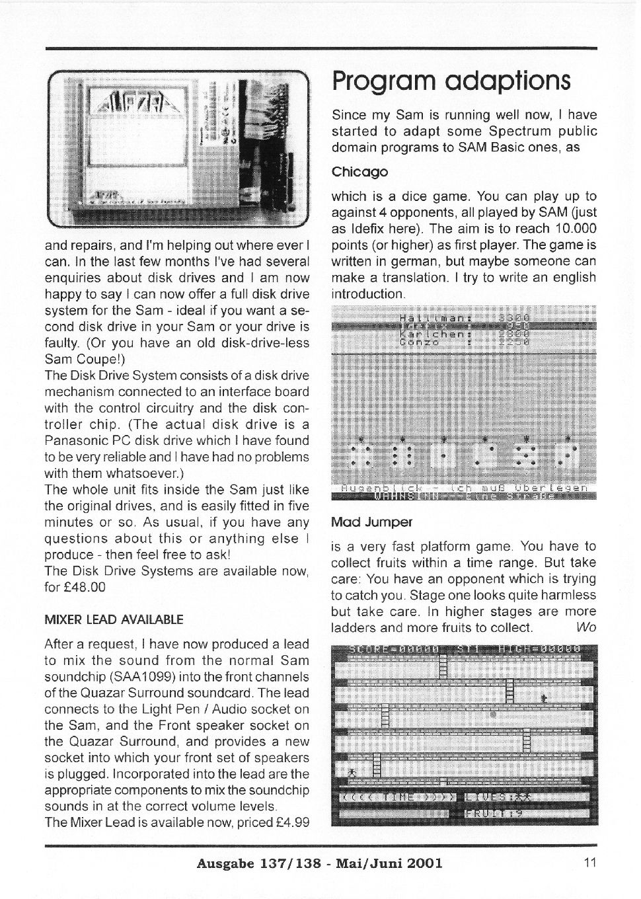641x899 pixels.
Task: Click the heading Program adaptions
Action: click(x=451, y=81)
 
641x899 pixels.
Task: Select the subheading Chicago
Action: click(x=359, y=172)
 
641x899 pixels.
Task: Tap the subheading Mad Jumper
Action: click(x=371, y=522)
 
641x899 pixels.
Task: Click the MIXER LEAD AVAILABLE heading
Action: click(x=114, y=619)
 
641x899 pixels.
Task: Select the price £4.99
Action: click(x=291, y=822)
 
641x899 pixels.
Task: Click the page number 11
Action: click(x=590, y=862)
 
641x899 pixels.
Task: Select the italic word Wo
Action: click(x=586, y=627)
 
